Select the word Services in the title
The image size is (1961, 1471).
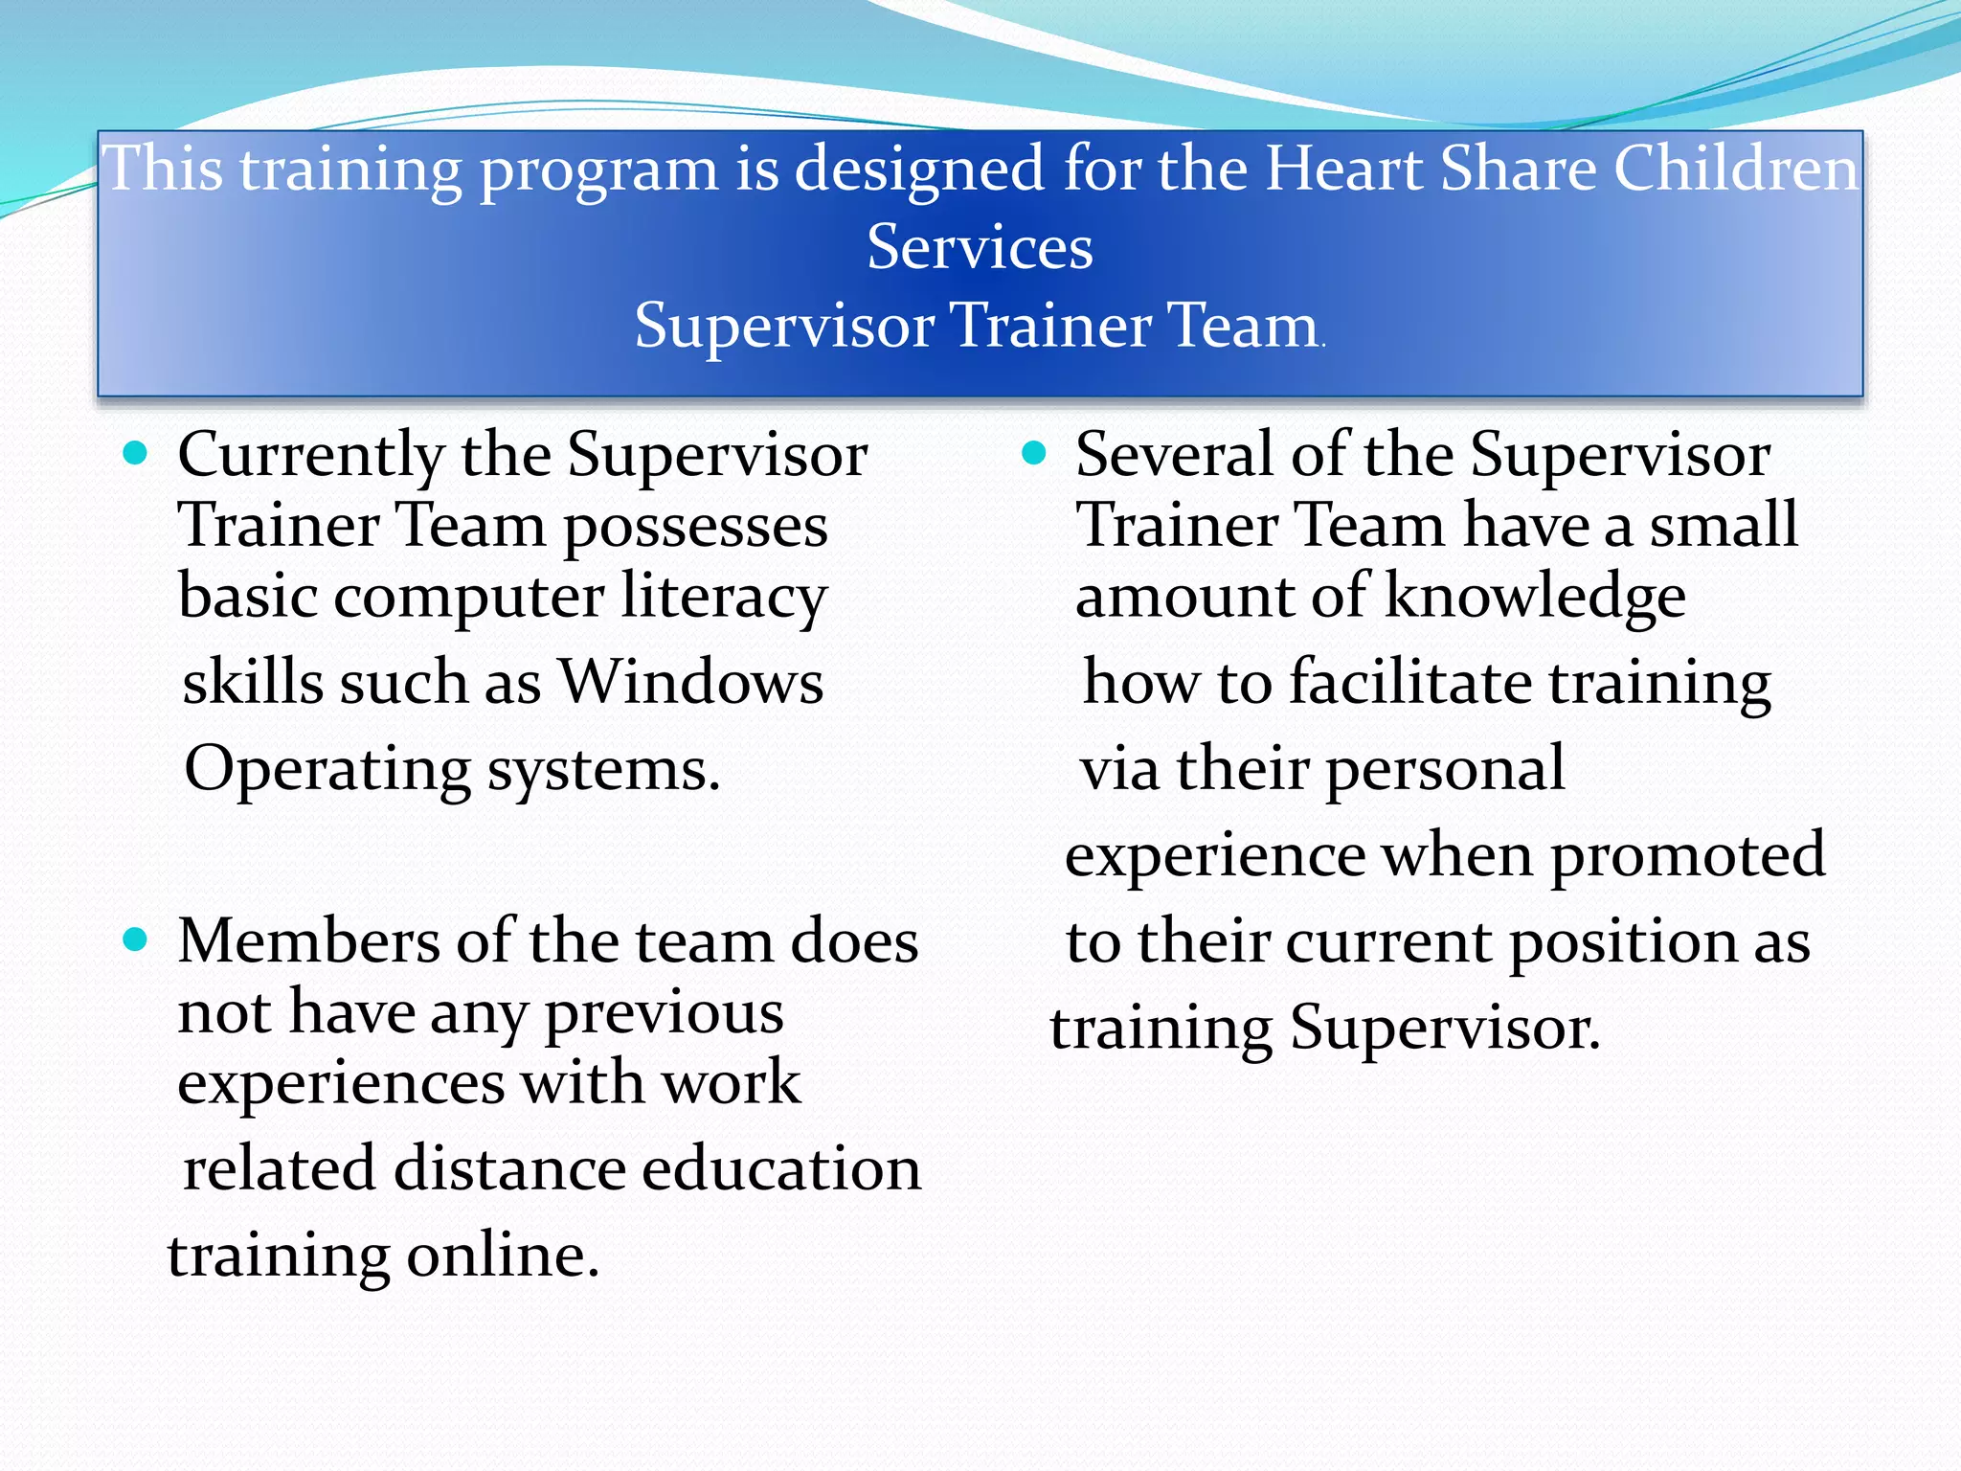point(980,247)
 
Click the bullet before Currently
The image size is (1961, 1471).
point(136,453)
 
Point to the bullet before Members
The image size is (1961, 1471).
point(136,939)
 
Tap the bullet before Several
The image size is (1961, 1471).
point(1033,453)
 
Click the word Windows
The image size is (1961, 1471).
point(690,683)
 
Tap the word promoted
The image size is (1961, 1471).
point(1687,855)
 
